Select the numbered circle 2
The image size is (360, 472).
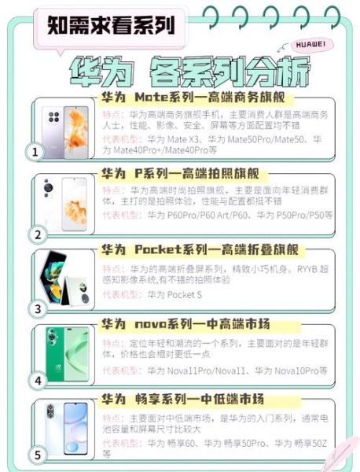point(34,234)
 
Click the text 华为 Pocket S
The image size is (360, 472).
point(174,295)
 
